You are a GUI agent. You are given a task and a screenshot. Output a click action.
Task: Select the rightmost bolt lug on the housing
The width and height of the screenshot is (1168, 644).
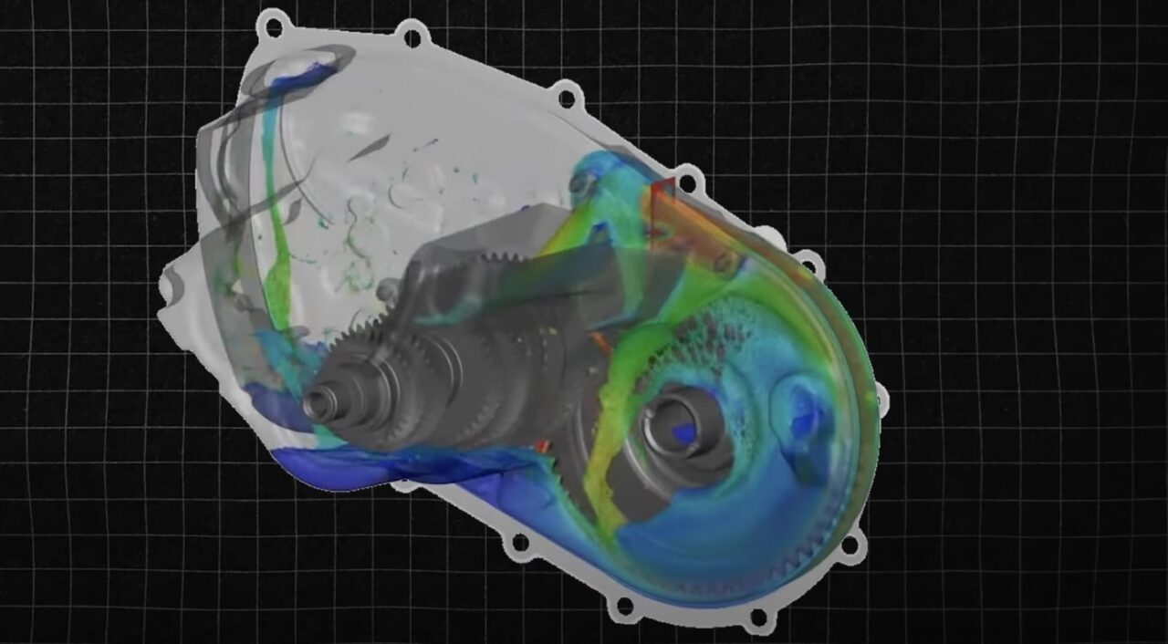tap(881, 396)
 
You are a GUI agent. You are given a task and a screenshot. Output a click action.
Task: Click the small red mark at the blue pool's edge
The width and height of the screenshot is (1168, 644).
tap(544, 446)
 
